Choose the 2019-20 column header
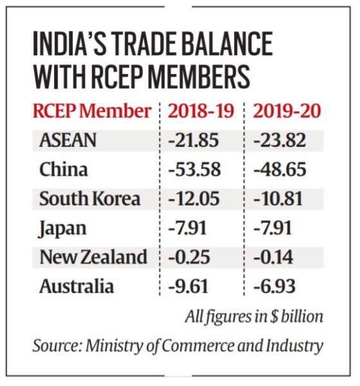point(287,110)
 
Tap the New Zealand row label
point(93,257)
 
